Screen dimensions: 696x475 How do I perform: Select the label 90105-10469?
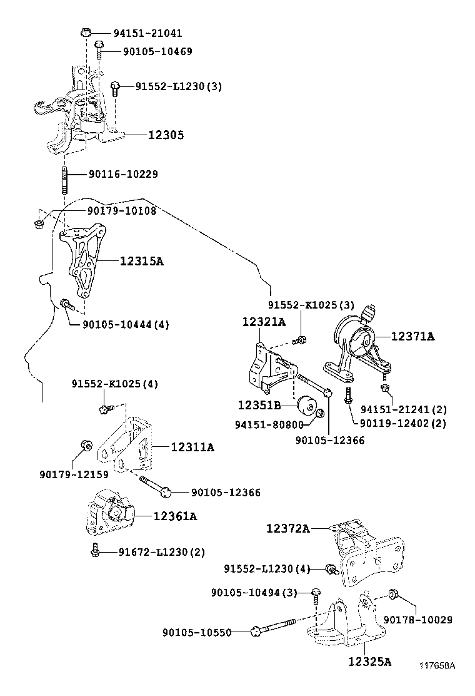coord(148,51)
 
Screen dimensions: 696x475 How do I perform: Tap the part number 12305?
coord(166,135)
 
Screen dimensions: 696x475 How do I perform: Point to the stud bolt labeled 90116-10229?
coord(64,175)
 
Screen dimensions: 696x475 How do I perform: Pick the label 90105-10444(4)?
coord(126,324)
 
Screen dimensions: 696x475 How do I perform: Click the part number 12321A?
coord(264,322)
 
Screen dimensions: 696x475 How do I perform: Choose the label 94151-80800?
coord(269,424)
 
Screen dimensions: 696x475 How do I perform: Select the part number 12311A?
coord(192,447)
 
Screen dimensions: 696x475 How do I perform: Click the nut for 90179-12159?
coord(87,446)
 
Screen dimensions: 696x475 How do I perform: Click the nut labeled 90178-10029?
coord(394,593)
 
